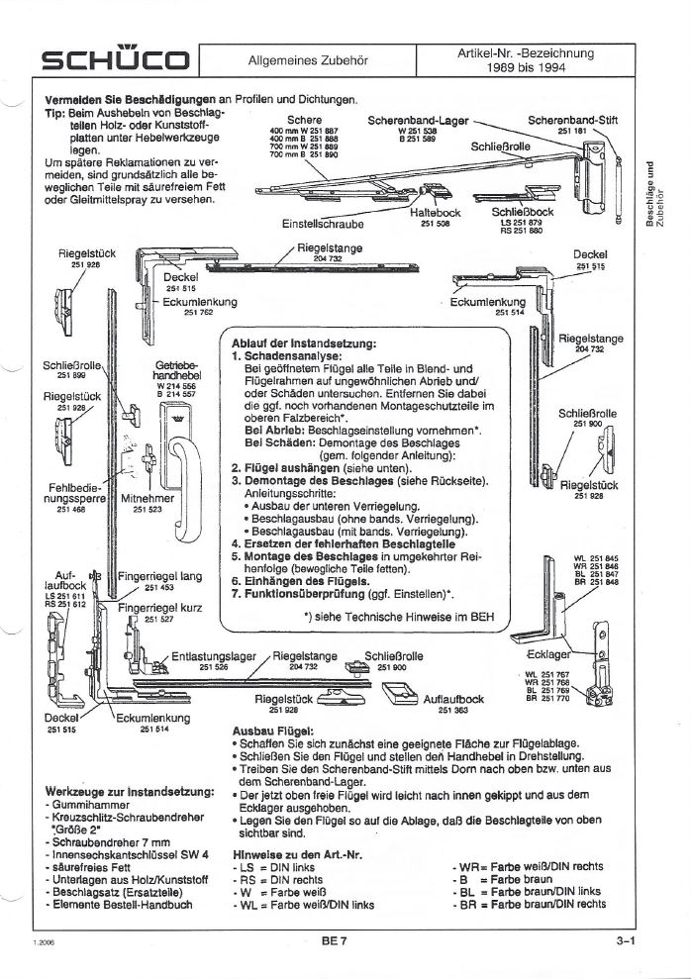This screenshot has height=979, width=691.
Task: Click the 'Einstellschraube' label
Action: (322, 224)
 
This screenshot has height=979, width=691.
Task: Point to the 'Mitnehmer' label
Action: (148, 500)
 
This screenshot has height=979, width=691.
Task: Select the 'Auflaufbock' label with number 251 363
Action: (452, 699)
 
